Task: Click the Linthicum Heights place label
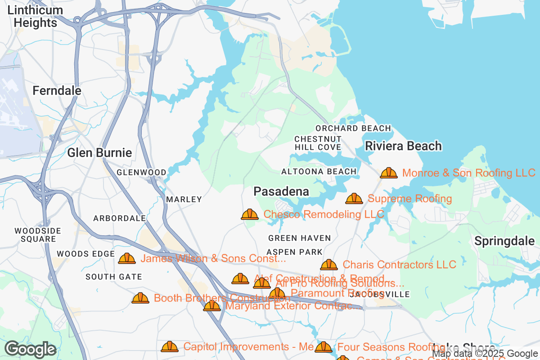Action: pos(36,16)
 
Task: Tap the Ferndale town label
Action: pos(57,90)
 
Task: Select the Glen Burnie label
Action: pos(99,153)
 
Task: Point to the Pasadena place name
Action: pos(281,191)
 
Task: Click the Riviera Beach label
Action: pos(403,146)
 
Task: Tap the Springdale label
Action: pos(504,241)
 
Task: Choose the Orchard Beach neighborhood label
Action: pos(353,128)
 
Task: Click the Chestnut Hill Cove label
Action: pos(318,143)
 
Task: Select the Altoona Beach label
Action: pos(319,171)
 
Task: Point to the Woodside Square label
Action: pos(38,235)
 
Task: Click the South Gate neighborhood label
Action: pos(114,277)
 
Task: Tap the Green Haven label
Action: pos(299,238)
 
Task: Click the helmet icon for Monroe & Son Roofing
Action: pos(389,173)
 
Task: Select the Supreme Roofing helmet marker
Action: pos(354,198)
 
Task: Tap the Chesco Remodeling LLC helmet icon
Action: pos(250,214)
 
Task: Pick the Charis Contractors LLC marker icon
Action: pos(329,265)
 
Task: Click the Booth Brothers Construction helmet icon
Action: pos(140,298)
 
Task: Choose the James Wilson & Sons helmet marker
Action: pos(127,258)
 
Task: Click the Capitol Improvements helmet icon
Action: pos(170,346)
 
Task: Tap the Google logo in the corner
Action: pos(31,349)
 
